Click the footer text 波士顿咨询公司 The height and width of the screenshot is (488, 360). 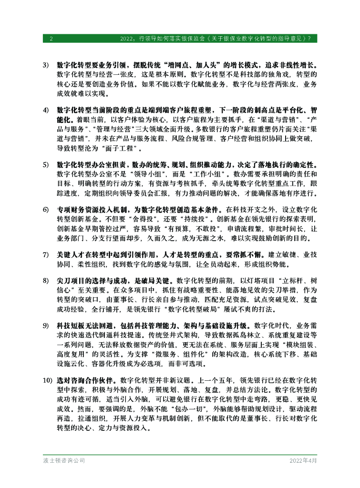pyautogui.click(x=63, y=461)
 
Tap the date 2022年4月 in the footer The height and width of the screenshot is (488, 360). pyautogui.click(x=303, y=461)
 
